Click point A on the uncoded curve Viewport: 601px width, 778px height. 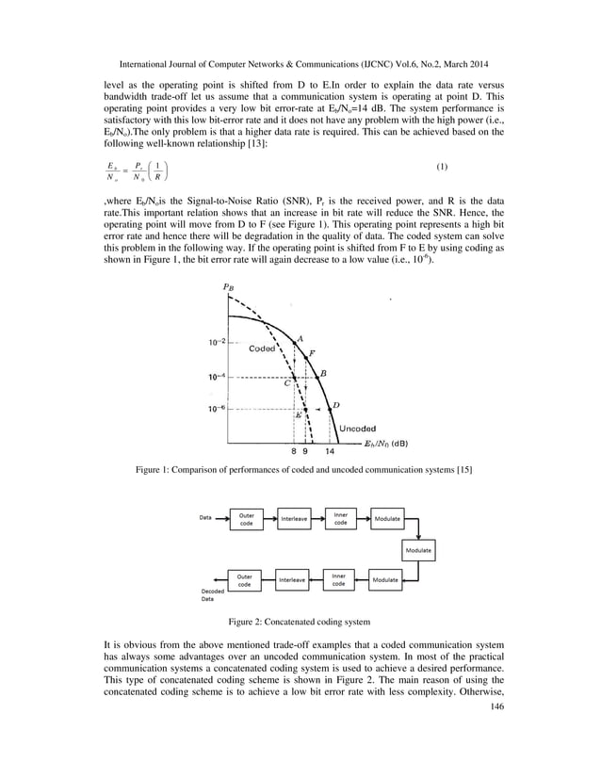tap(293, 343)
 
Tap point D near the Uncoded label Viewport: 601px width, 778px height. tap(329, 409)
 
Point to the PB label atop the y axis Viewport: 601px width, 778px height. tap(228, 286)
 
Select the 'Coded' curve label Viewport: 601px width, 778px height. tap(262, 349)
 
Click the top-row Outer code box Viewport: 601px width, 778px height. tap(247, 519)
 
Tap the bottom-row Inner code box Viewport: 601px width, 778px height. tap(339, 579)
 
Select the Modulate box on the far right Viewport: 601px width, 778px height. tap(419, 549)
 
